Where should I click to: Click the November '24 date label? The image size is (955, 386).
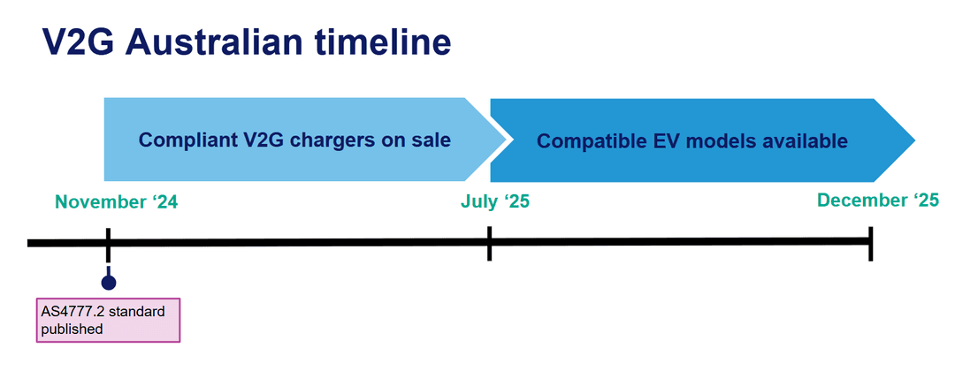[117, 201]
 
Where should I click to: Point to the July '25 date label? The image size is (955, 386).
[495, 201]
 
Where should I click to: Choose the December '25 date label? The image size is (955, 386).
[878, 201]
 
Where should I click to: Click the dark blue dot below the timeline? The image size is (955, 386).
[108, 283]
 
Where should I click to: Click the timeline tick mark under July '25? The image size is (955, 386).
[489, 242]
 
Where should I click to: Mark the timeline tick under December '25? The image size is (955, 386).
[871, 242]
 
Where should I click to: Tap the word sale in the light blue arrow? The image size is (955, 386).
[432, 140]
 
